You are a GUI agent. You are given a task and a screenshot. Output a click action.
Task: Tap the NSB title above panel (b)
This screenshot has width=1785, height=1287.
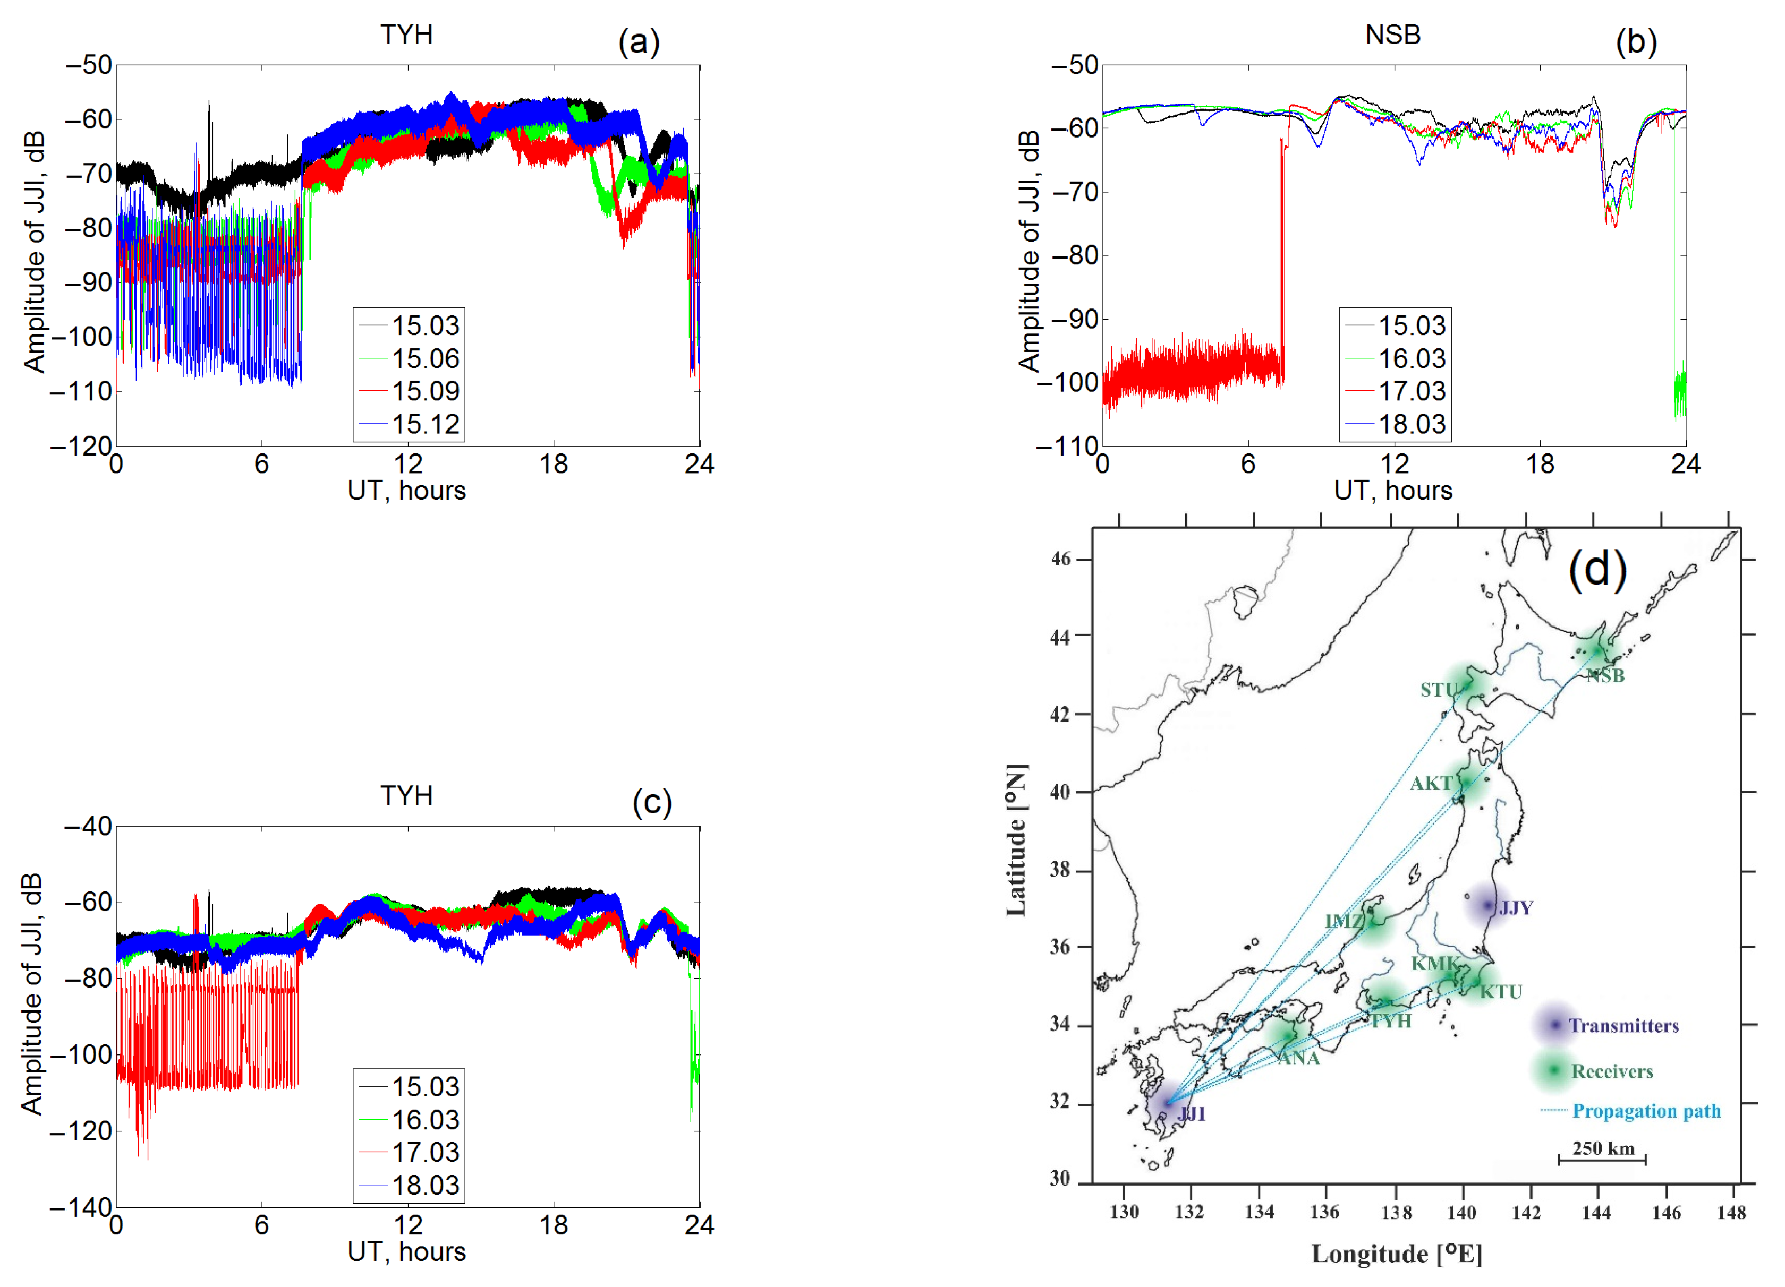(x=1392, y=35)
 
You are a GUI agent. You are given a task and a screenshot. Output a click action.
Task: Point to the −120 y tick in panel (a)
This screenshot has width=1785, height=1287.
(x=82, y=446)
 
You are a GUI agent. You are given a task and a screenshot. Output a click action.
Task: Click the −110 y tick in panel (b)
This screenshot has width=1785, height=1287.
(x=1067, y=446)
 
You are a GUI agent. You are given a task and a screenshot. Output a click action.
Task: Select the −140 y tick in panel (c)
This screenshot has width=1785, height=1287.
(x=82, y=1207)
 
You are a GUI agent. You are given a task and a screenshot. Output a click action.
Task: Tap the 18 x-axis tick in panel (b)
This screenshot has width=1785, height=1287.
(x=1540, y=464)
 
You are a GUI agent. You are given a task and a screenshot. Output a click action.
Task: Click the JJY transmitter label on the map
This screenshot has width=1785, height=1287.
(x=1515, y=908)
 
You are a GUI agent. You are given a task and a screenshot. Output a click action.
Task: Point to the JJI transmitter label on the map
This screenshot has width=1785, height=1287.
(x=1191, y=1113)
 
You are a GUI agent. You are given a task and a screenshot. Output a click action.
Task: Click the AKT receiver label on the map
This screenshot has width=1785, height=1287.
(x=1431, y=784)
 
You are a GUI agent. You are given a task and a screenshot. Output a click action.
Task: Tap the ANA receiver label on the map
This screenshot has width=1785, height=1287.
(x=1298, y=1058)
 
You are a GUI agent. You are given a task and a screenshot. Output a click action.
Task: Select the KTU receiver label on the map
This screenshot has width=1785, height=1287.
(x=1501, y=992)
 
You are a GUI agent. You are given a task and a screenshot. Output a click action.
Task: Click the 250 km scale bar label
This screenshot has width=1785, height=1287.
(x=1603, y=1148)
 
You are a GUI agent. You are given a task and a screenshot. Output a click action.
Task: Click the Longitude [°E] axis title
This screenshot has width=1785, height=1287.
(x=1396, y=1254)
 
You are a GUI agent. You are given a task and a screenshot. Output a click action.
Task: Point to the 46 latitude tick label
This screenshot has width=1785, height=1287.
(x=1060, y=559)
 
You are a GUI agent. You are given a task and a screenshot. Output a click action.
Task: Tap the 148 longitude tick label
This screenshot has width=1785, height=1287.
(x=1731, y=1212)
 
